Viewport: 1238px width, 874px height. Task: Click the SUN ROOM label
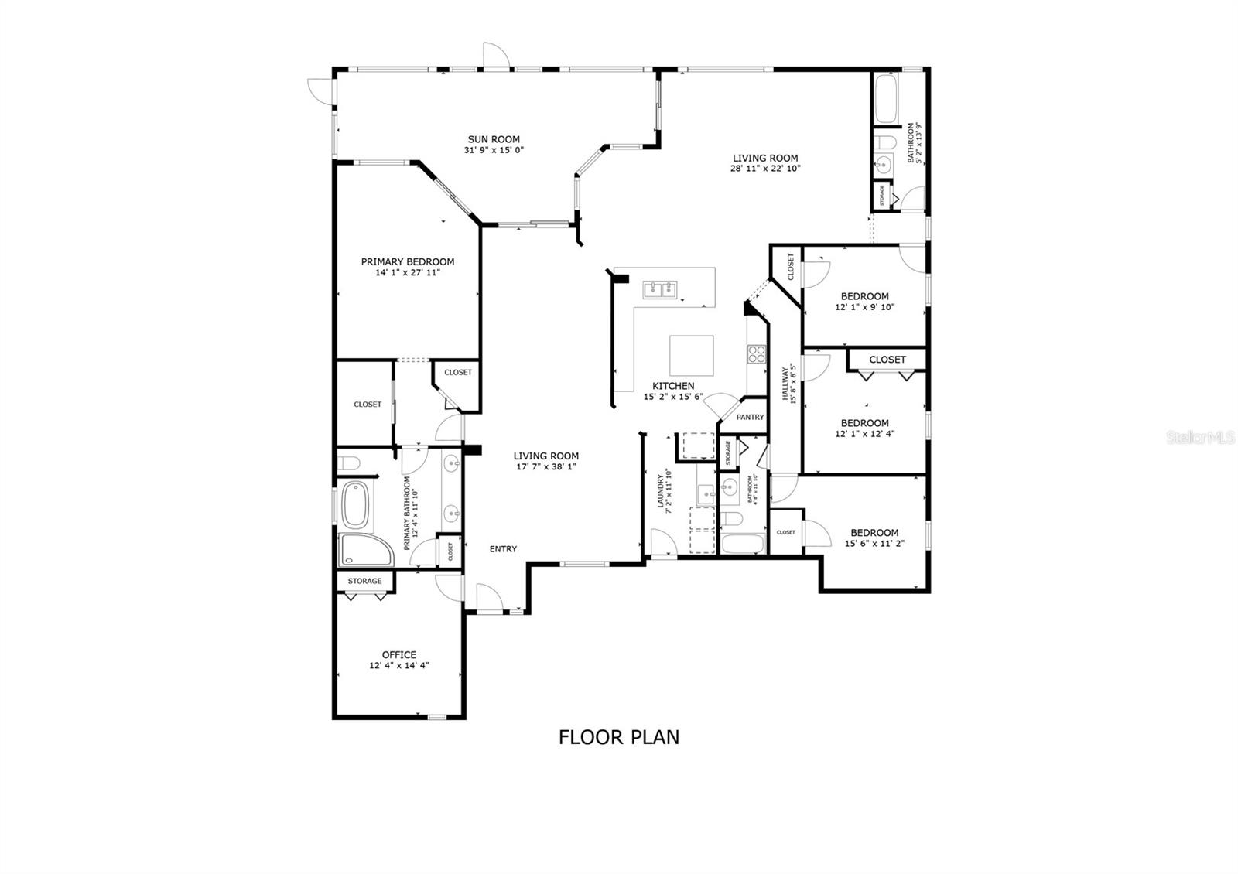click(494, 139)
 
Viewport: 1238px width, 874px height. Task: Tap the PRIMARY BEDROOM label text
click(408, 261)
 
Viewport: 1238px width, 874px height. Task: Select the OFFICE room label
click(399, 654)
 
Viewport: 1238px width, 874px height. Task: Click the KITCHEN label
click(673, 386)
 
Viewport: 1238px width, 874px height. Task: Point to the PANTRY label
click(750, 417)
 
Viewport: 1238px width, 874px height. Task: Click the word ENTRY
click(503, 549)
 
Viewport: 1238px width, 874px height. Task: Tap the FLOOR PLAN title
click(619, 737)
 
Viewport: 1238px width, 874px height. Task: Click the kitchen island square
click(692, 355)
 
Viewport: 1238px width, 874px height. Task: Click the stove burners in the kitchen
click(756, 354)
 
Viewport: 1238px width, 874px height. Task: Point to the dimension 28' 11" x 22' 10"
click(765, 168)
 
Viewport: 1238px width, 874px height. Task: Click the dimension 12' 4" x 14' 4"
click(399, 665)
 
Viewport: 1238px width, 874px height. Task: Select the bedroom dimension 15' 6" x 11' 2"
click(874, 543)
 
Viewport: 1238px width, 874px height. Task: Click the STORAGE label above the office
click(364, 581)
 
